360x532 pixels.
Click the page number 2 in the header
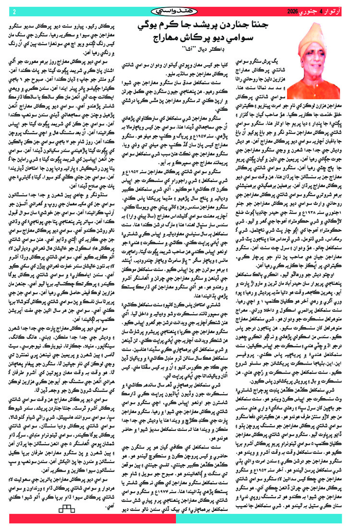click(14, 11)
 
